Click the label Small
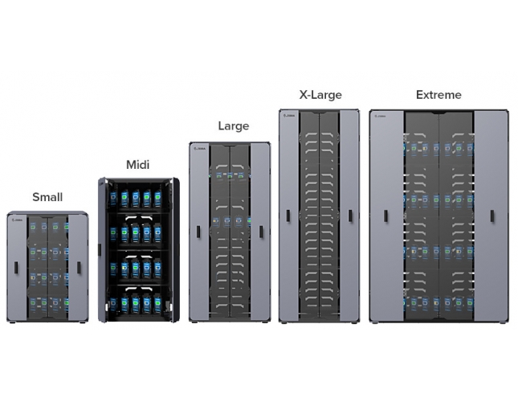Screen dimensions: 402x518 pos(47,197)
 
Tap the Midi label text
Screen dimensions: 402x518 pos(138,165)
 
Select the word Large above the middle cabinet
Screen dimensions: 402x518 pos(234,125)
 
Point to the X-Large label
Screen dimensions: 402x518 pos(320,95)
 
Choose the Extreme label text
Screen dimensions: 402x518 pos(438,95)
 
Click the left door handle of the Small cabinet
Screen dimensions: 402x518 pos(16,267)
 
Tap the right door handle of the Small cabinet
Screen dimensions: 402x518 pos(79,267)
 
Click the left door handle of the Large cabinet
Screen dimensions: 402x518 pos(198,232)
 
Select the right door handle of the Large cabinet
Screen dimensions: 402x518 pos(260,232)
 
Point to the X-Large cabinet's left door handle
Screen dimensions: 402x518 pos(288,216)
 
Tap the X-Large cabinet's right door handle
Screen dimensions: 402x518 pos(350,216)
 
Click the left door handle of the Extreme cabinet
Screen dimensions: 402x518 pos(385,216)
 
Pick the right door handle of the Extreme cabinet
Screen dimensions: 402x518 pos(491,216)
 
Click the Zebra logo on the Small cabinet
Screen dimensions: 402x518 pos(18,216)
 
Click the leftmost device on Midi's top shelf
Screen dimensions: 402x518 pos(114,198)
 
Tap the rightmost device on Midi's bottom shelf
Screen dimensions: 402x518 pos(157,304)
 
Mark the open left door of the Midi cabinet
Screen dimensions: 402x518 pos(103,249)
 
